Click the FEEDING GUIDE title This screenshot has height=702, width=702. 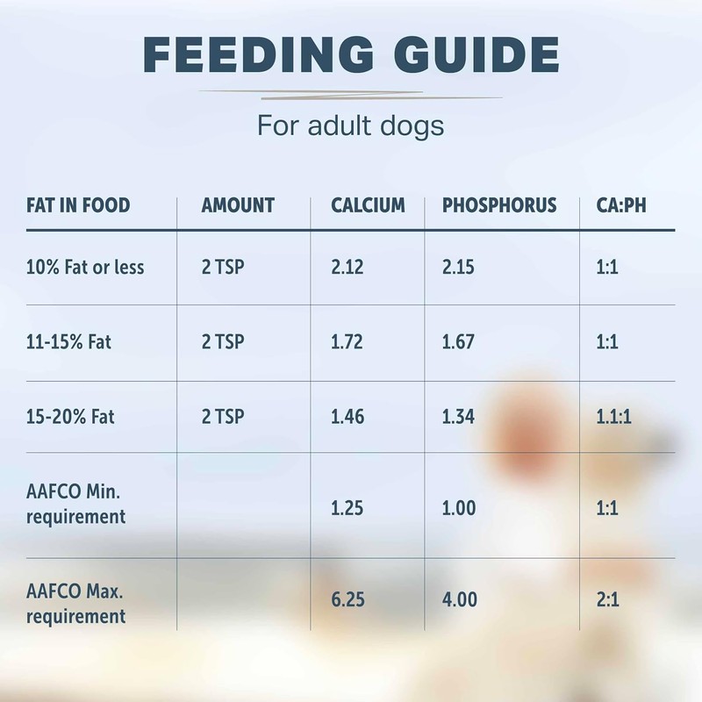coord(351,54)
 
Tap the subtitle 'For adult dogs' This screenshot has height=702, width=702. coord(351,125)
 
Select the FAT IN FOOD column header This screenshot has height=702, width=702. coord(78,205)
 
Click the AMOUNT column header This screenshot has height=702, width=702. coord(238,205)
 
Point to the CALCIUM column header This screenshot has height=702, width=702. coord(368,205)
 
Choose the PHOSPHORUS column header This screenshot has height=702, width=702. coord(499,205)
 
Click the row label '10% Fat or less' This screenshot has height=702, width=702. coord(85,267)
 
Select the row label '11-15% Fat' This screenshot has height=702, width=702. coord(69,341)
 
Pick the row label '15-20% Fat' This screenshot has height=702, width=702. coord(70,417)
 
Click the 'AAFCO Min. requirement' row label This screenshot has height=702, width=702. coord(75,505)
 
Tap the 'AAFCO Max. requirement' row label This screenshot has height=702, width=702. coord(76,605)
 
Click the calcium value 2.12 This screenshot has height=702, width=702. coord(347,267)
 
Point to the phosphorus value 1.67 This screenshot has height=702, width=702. coord(459,341)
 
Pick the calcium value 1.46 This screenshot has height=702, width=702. coord(347,417)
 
